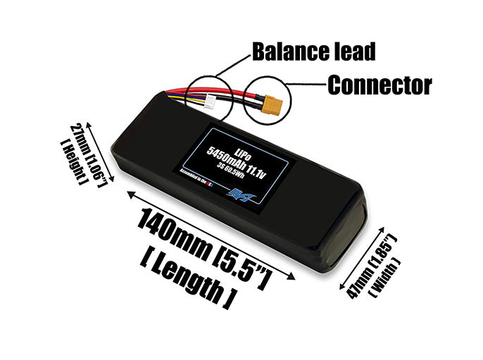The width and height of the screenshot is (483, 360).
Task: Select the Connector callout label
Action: [x=379, y=86]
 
